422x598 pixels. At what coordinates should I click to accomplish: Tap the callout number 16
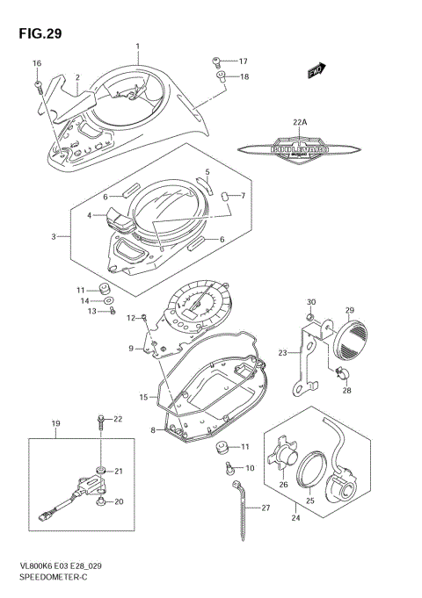(x=37, y=63)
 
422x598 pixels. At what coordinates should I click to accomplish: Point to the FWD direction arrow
(x=316, y=70)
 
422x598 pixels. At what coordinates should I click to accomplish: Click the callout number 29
(x=348, y=310)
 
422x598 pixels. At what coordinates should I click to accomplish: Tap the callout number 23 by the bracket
(x=283, y=353)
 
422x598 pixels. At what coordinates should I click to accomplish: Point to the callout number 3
(x=54, y=237)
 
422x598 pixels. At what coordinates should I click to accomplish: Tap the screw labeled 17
(x=216, y=61)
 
